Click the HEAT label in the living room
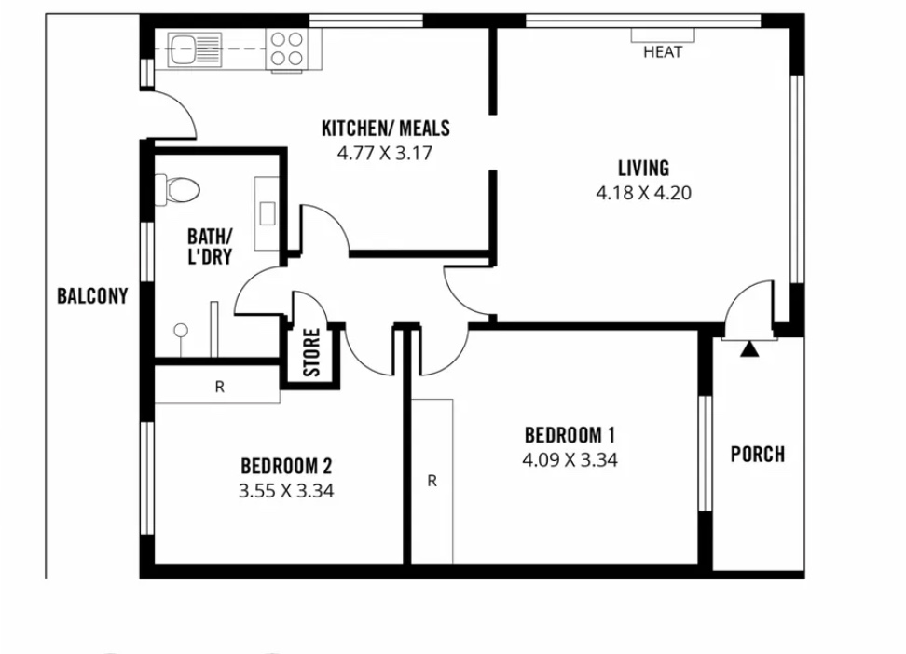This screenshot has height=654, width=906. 663,52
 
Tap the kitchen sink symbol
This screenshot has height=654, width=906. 195,48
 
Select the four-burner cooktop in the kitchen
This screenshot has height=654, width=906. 287,48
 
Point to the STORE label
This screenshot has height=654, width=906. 311,352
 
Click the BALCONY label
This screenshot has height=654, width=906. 92,296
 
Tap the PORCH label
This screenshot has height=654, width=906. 758,454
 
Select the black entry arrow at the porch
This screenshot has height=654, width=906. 749,349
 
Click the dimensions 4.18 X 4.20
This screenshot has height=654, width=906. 644,193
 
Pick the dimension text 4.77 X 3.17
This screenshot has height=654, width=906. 385,153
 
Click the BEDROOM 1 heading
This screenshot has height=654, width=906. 570,434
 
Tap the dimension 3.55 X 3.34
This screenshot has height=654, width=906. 286,491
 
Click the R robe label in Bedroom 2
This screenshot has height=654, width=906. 220,387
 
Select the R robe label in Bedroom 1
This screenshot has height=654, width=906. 432,481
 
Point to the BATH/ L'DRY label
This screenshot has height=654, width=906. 210,246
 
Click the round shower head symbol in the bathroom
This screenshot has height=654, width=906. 181,331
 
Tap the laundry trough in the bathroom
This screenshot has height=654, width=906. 267,213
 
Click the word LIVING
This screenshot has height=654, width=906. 644,168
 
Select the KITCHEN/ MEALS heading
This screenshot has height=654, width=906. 385,128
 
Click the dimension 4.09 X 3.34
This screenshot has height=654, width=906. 570,460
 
